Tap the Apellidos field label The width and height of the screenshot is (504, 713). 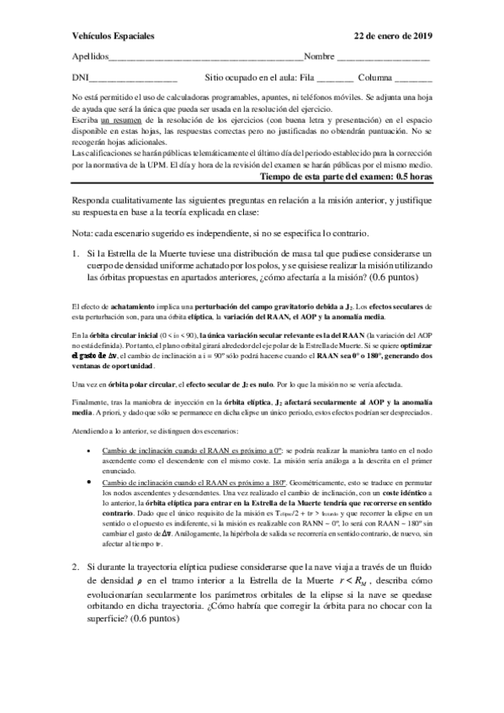tap(91, 57)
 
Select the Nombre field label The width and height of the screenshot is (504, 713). tap(320, 57)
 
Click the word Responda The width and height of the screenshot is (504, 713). tap(93, 200)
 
